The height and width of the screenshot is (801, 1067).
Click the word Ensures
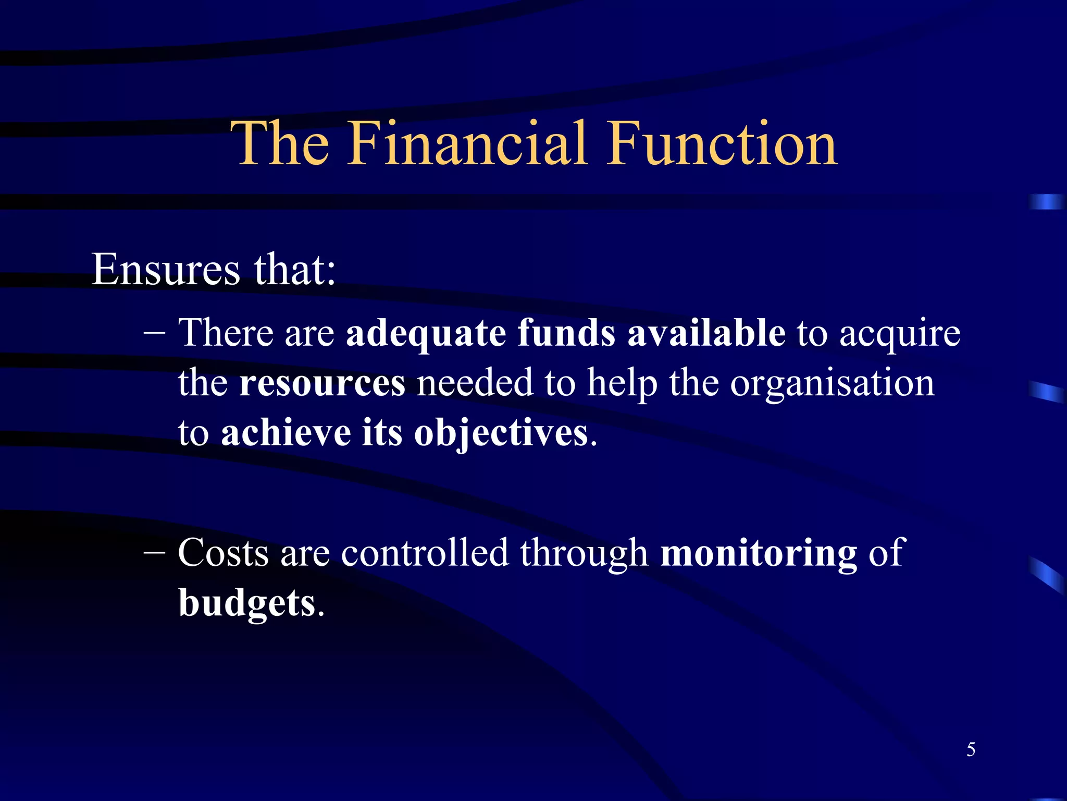[166, 270]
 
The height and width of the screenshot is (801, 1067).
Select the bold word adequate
[426, 334]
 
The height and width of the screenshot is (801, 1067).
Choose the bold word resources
[322, 384]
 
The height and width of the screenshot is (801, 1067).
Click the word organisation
[832, 384]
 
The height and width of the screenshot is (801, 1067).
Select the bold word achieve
[286, 433]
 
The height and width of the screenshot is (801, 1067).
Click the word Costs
[224, 553]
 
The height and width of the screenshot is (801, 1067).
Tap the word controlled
[425, 553]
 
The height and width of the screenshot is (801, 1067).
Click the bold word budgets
[247, 603]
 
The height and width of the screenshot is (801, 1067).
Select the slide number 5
[971, 750]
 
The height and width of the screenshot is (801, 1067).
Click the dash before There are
[154, 334]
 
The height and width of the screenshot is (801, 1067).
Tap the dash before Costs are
[154, 553]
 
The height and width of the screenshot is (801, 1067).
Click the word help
[622, 384]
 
